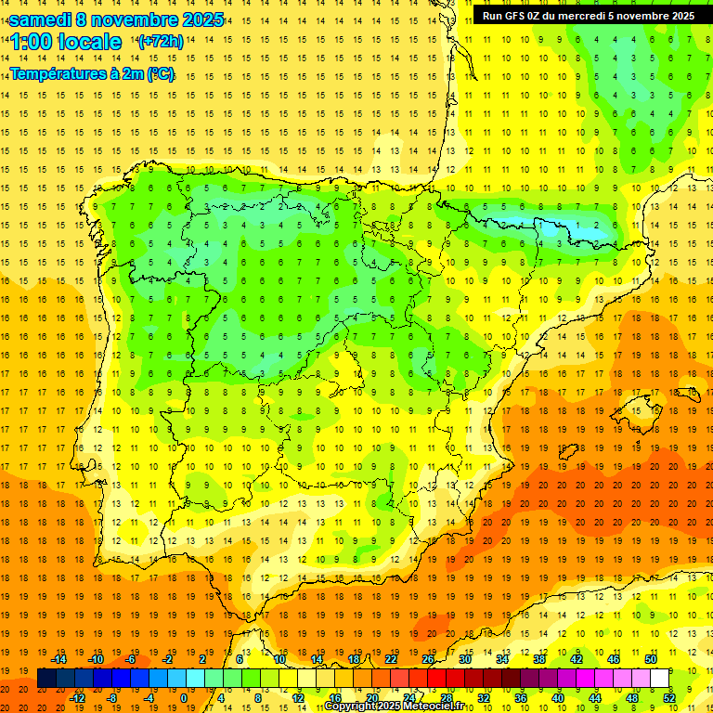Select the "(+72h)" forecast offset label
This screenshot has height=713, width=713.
[x=161, y=42]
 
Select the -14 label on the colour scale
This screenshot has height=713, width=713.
[x=59, y=659]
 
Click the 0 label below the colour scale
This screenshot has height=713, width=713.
[x=185, y=698]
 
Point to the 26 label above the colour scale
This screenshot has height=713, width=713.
[x=428, y=659]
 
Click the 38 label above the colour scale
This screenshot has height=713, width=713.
[x=539, y=659]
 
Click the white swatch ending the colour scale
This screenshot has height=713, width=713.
[x=660, y=679]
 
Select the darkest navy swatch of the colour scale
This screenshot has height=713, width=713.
[x=47, y=679]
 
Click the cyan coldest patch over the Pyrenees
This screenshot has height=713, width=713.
[x=557, y=226]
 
